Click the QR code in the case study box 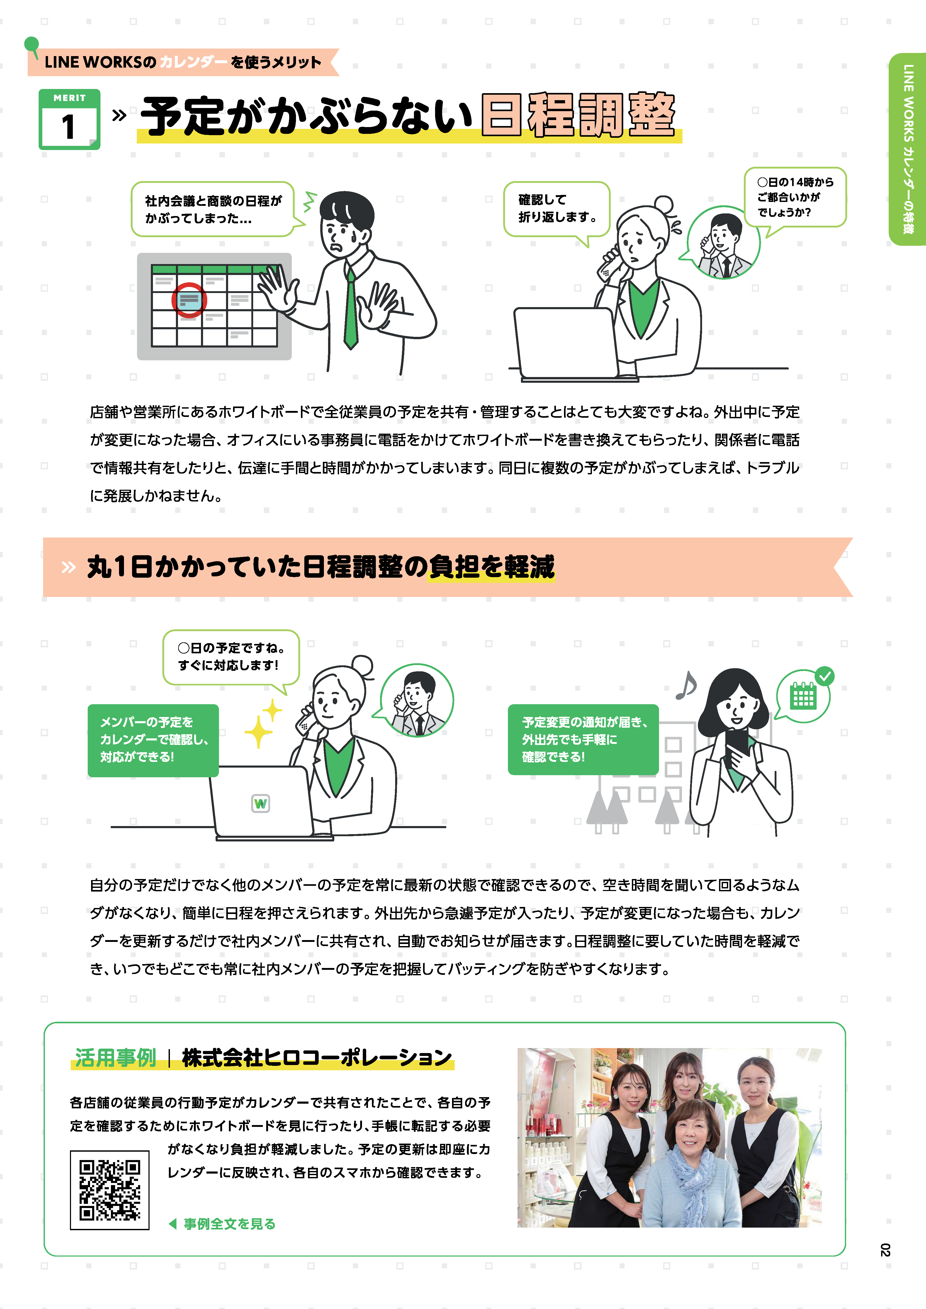[109, 1190]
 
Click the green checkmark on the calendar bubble [824, 676]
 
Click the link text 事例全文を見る [229, 1223]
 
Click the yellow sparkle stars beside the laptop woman [263, 723]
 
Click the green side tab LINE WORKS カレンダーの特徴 [907, 149]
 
